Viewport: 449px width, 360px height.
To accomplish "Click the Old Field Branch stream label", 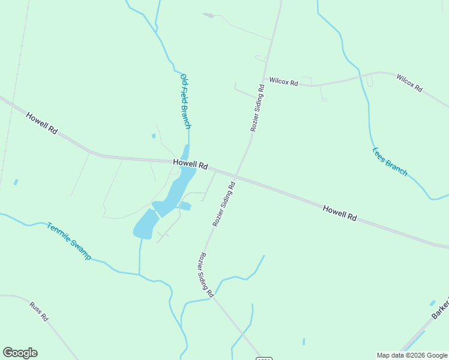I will coord(185,101).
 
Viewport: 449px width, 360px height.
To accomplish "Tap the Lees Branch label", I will coord(390,162).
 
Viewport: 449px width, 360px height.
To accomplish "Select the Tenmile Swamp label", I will coord(69,241).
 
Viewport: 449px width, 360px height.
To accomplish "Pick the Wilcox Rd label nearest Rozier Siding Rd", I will coord(283,81).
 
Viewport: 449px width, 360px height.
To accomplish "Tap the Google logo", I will coord(20,353).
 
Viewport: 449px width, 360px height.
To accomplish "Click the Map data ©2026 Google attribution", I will coord(412,355).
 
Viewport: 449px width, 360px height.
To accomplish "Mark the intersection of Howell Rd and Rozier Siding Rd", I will coord(236,177).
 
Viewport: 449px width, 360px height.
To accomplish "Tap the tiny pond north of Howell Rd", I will coord(154,136).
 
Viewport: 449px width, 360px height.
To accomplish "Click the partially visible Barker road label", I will coord(440,310).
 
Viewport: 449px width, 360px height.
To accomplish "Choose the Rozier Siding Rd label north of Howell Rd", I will coord(257,108).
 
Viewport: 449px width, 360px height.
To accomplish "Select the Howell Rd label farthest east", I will coord(340,213).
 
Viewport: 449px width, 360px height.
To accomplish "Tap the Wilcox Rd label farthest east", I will coord(409,82).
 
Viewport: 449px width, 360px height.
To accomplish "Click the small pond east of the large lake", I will coord(185,206).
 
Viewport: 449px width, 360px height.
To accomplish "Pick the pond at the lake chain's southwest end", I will coord(145,225).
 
